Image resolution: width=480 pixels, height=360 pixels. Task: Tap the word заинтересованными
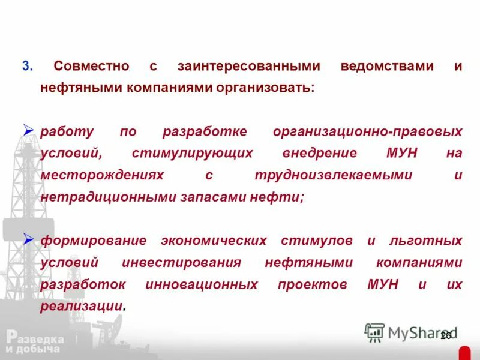[x=248, y=66]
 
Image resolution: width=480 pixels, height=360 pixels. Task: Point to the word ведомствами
[x=386, y=66]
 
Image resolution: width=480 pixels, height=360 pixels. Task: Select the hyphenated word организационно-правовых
[x=367, y=131]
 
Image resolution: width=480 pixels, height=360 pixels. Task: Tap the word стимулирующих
[x=192, y=153]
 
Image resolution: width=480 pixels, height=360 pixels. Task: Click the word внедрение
[x=319, y=153]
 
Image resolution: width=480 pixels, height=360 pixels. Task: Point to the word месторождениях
[x=102, y=175]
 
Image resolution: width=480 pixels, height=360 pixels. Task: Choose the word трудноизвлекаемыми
[x=333, y=175]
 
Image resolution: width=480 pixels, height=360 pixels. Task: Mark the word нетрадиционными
[x=108, y=197]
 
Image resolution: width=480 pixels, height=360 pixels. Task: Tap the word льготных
[x=426, y=241]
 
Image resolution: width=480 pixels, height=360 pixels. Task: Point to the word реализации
[x=83, y=306]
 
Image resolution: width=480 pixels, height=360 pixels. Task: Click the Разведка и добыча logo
[x=33, y=343]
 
